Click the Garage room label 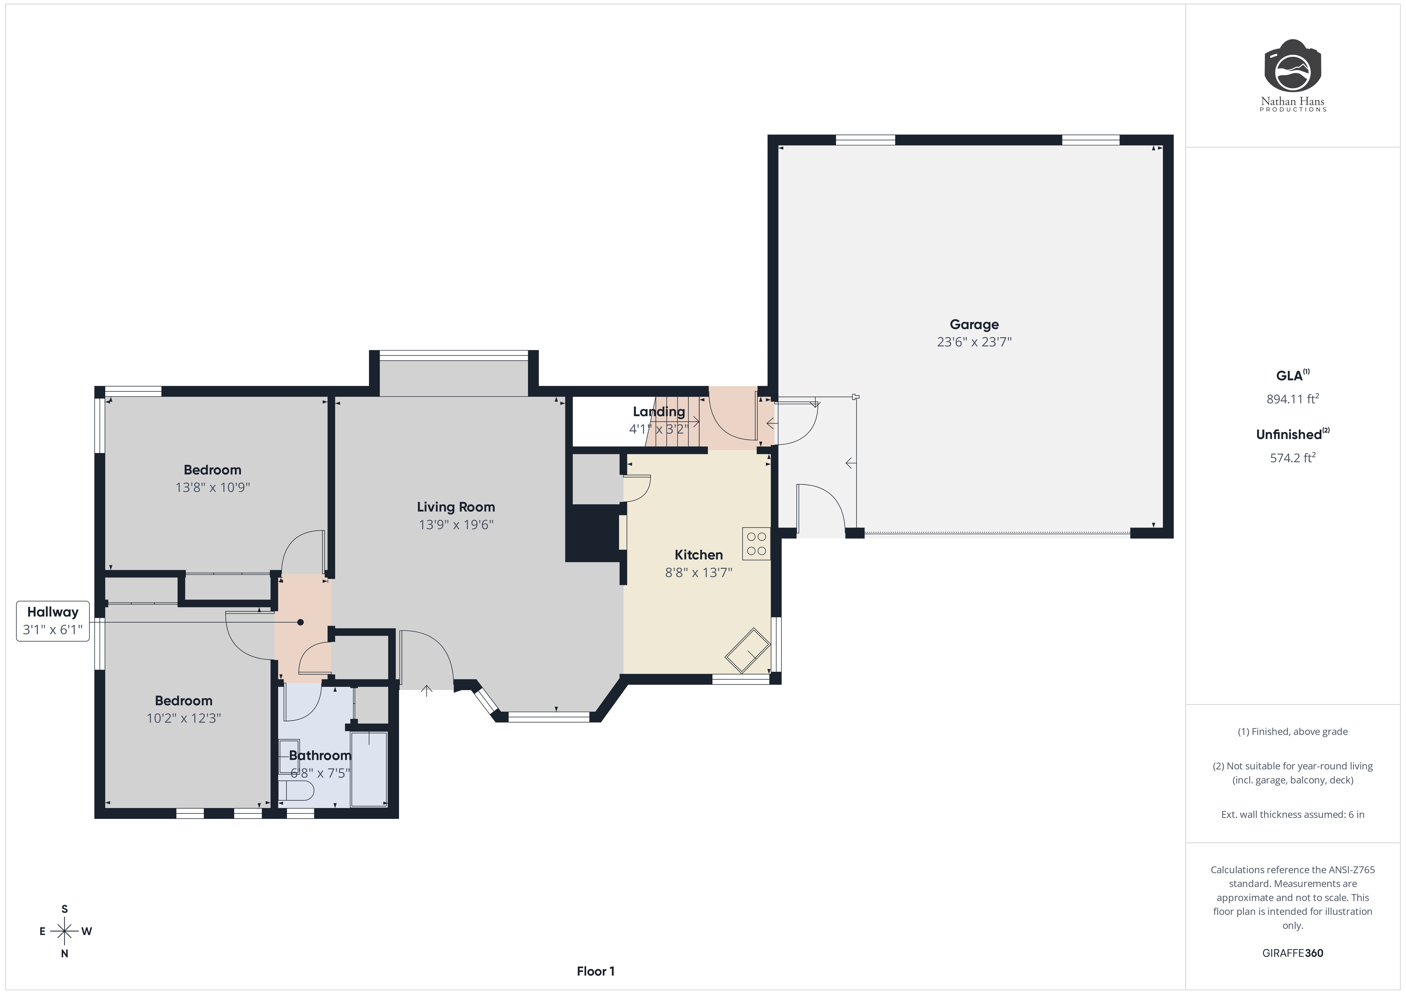click(974, 325)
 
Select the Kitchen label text click(698, 555)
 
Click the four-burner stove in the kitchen click(756, 544)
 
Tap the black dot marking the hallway click(300, 622)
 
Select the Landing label click(658, 412)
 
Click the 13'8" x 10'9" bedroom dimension click(212, 487)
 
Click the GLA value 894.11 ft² click(1292, 399)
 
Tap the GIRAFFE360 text click(1292, 953)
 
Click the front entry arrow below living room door click(426, 691)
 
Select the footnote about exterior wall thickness click(1292, 814)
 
